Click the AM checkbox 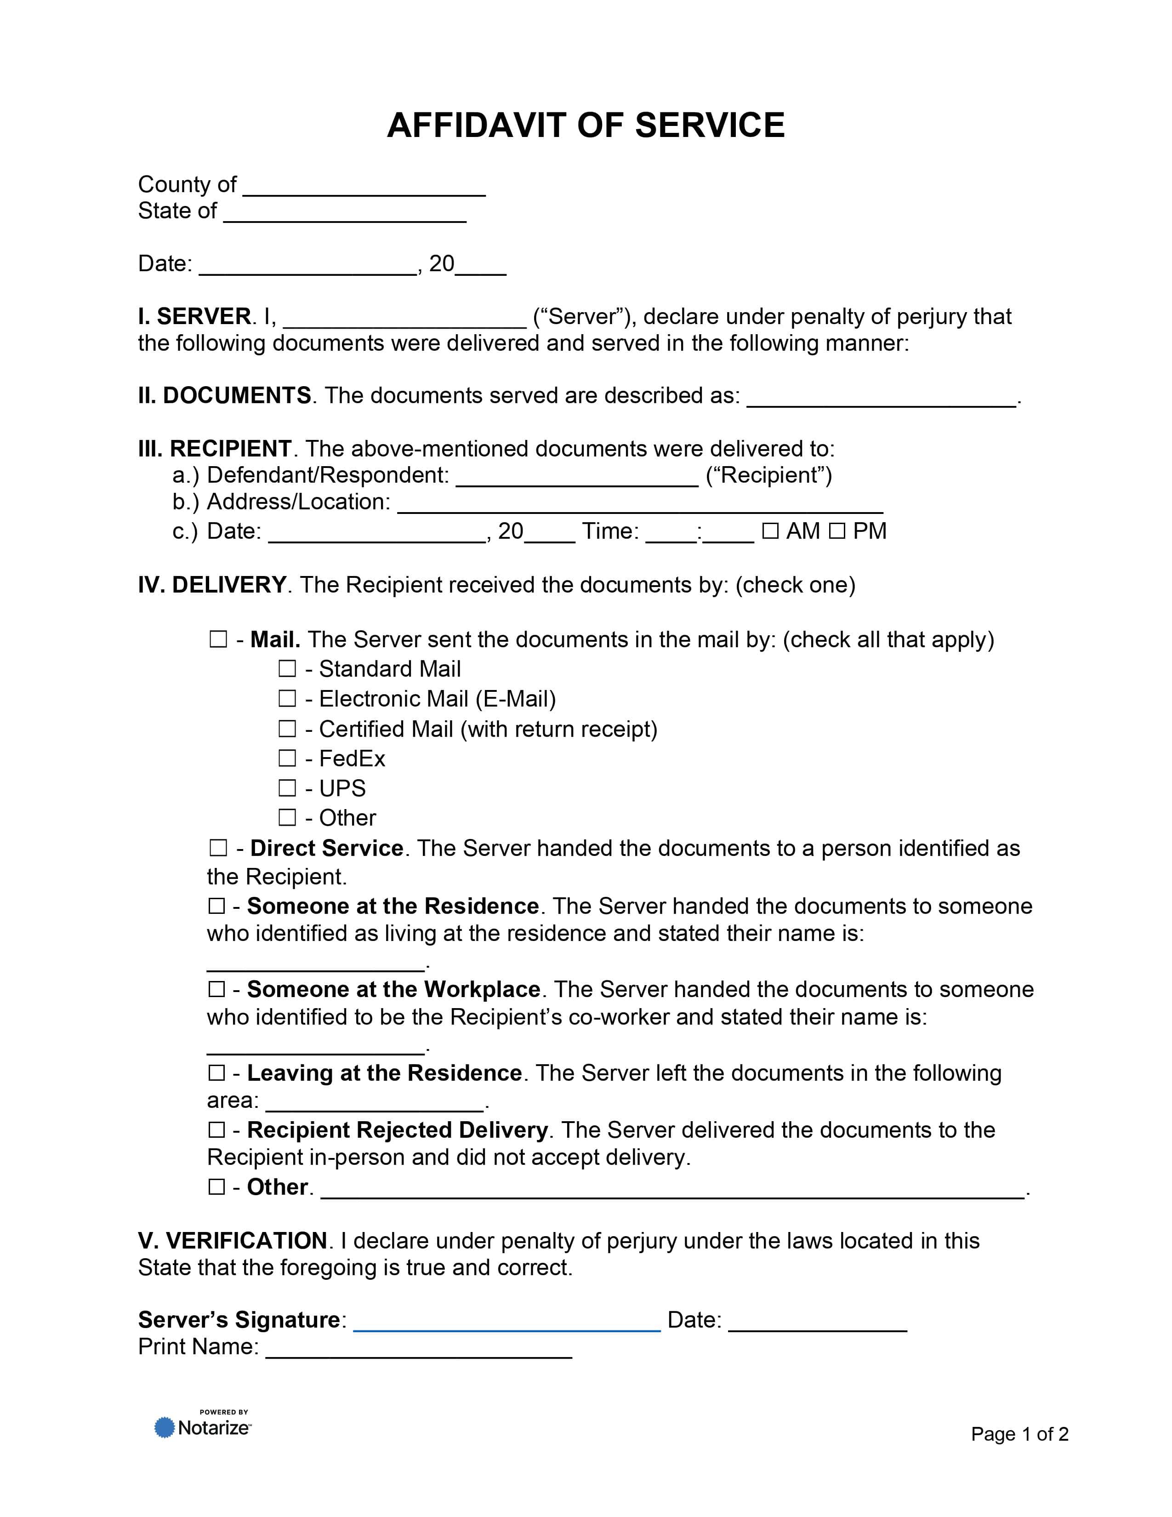tap(770, 531)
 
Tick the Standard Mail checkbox tap(287, 669)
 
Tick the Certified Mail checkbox tap(287, 729)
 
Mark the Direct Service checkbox tap(218, 848)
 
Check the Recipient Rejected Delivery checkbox tap(216, 1130)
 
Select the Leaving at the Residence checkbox tap(216, 1073)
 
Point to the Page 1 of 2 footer tap(1019, 1434)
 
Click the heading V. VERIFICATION tap(233, 1241)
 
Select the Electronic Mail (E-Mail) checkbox tap(287, 699)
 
